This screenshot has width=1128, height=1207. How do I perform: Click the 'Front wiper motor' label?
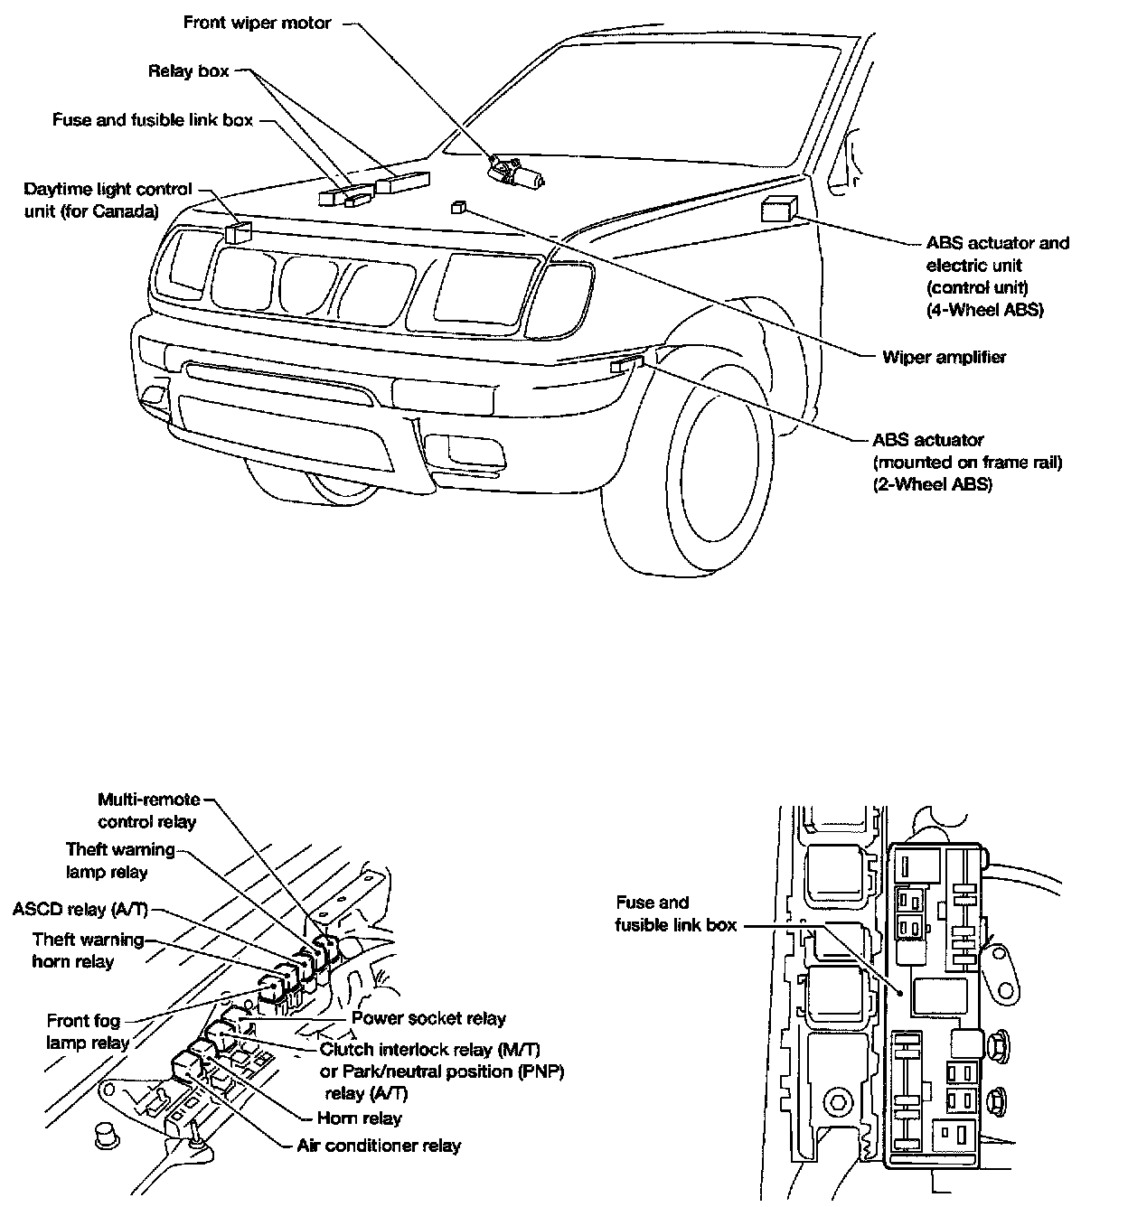click(x=258, y=23)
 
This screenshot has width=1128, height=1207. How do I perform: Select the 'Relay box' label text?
click(x=189, y=70)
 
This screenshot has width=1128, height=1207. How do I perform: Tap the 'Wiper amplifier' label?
click(x=944, y=357)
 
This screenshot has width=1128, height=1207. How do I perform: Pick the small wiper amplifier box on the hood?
click(x=458, y=207)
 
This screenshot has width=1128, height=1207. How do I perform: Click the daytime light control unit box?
click(x=237, y=232)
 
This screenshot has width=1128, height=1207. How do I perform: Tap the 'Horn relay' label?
click(x=360, y=1118)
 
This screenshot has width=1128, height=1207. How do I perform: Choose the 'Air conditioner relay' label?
click(x=379, y=1146)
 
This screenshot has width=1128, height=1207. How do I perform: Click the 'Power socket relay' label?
click(x=428, y=1018)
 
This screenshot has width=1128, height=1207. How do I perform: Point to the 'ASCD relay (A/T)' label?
click(x=80, y=909)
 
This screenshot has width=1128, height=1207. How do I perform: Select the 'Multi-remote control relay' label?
click(x=148, y=810)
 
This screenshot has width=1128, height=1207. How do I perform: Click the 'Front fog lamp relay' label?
click(x=88, y=1032)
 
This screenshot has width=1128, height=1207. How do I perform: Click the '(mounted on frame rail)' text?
click(x=967, y=463)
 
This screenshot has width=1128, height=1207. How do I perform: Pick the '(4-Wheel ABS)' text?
click(x=985, y=309)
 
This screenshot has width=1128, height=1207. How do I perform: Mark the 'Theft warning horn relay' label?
click(x=87, y=950)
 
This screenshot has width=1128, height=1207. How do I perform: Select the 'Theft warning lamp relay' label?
click(x=119, y=861)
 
